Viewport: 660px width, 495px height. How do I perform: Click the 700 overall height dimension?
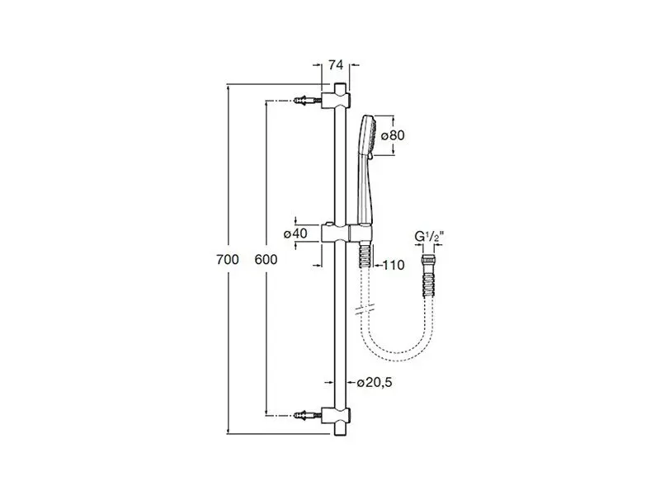(228, 259)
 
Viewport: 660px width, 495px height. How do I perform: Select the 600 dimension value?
(266, 259)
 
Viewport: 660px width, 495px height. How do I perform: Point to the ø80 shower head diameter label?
(391, 134)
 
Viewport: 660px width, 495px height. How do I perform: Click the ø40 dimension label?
(295, 233)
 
